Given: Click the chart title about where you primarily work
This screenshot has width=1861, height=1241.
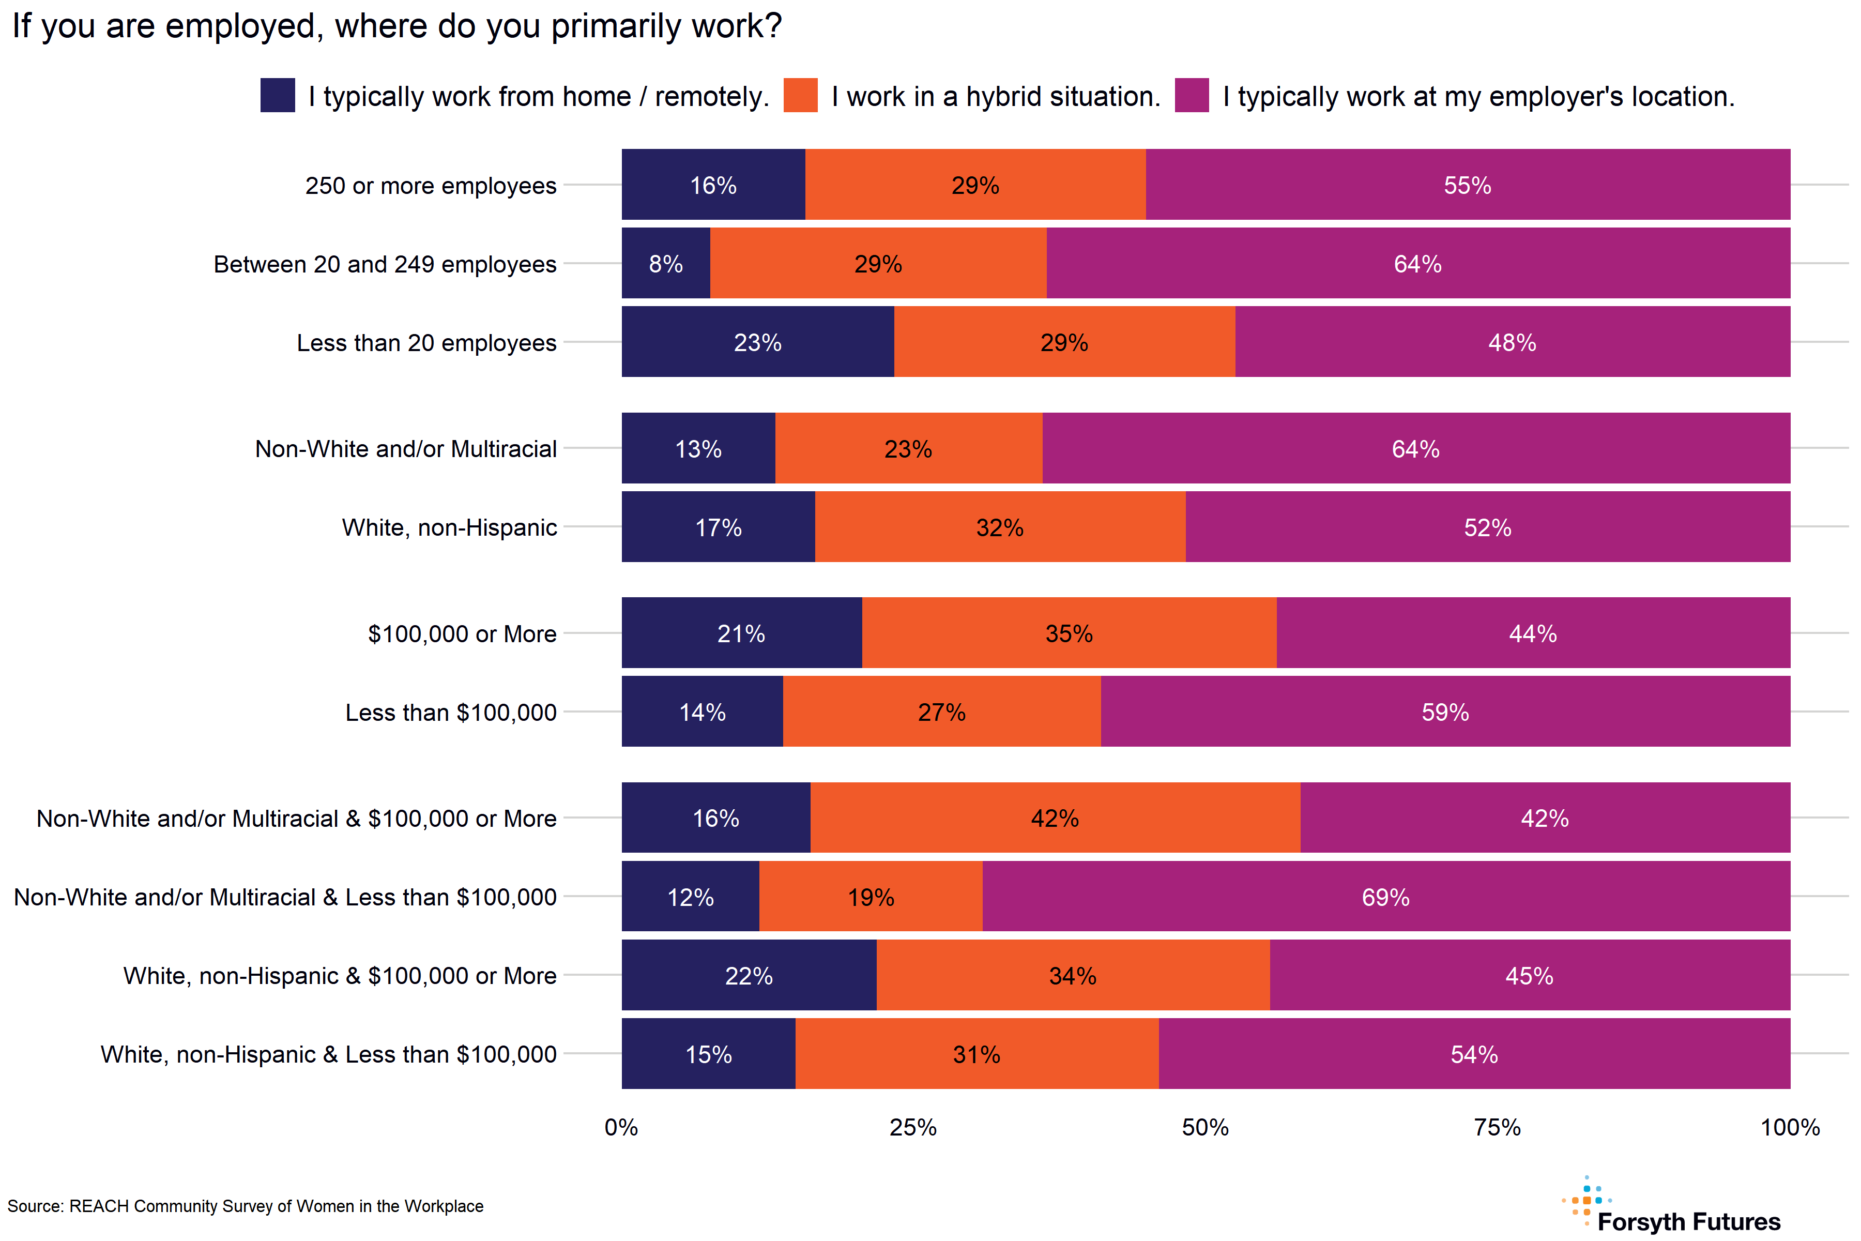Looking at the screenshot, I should pos(396,26).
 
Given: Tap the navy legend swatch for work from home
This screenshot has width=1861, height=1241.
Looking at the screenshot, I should pos(278,95).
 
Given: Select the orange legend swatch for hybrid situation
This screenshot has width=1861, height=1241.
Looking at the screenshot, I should pos(800,95).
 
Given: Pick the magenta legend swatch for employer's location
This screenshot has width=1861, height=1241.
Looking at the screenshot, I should pos(1192,95).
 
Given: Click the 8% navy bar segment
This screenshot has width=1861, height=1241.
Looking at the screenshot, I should pos(665,264).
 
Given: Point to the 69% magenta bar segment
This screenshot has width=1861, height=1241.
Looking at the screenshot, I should pos(1385,897).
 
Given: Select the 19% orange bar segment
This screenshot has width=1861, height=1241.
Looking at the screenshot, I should pos(871,897).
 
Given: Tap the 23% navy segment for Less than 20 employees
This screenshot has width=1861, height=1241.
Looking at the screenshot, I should pos(757,342).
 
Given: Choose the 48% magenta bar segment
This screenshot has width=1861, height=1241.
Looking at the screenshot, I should pos(1512,342).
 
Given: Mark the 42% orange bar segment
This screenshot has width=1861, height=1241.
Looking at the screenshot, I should pos(1055,818).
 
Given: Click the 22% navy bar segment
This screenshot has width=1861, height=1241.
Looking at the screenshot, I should pos(749,975).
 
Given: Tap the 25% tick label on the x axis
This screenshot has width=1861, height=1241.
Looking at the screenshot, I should pos(913,1127).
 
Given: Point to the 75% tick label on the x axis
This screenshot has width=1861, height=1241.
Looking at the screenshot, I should pos(1497,1127).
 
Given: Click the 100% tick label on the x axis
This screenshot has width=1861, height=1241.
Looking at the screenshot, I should pos(1789,1127).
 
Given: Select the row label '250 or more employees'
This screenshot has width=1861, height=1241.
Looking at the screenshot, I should pos(431,185).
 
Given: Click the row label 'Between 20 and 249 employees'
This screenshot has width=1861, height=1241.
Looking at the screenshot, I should pos(385,264).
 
